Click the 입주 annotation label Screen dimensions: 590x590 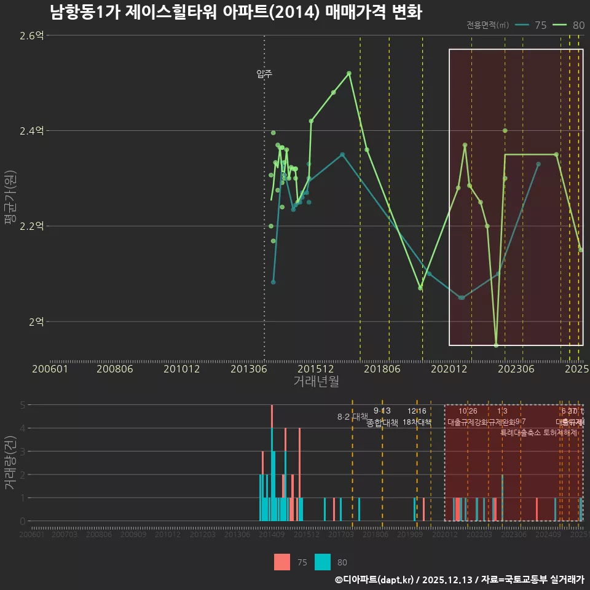point(264,74)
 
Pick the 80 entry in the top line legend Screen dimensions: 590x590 point(571,25)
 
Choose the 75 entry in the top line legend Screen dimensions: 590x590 point(533,25)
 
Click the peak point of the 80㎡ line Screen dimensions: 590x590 point(349,73)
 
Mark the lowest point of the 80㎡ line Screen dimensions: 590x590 point(496,345)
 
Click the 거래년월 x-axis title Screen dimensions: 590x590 point(316,381)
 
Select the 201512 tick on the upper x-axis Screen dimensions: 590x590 point(316,369)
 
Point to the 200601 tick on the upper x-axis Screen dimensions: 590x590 point(50,369)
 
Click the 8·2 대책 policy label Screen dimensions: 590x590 point(352,417)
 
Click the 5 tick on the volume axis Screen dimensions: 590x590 point(22,405)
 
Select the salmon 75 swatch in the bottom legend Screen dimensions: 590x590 point(282,562)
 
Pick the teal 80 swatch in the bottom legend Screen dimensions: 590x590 point(323,562)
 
